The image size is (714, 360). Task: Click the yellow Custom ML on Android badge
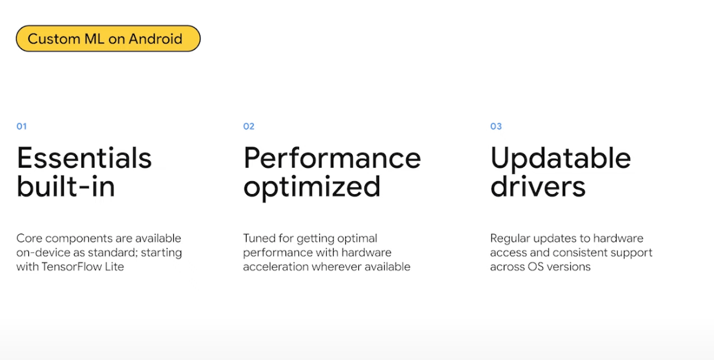point(108,38)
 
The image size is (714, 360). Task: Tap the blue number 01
point(22,126)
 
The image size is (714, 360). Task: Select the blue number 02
point(248,126)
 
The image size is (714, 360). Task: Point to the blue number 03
point(496,126)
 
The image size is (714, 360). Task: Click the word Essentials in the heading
point(84,158)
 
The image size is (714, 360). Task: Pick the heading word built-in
point(65,186)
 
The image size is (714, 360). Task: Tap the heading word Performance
point(332,158)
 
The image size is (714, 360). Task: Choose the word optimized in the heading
point(312,187)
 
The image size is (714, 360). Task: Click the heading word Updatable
point(560,158)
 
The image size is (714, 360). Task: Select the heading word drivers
point(538,186)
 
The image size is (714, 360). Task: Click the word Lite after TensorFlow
point(114,267)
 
